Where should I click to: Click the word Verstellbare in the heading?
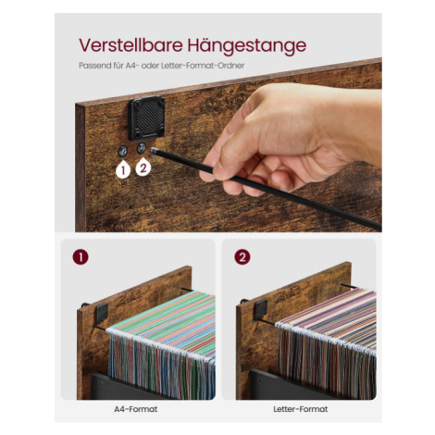131,45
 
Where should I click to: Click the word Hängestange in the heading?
247,46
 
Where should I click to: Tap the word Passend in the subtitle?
91,66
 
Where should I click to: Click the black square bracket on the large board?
146,118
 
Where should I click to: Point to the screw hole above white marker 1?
123,150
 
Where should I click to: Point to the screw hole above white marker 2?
142,148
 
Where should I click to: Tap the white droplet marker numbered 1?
123,169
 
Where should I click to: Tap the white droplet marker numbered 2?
143,168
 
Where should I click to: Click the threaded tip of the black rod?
154,151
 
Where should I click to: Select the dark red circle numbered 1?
81,257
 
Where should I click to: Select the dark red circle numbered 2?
242,257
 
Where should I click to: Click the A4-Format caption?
136,409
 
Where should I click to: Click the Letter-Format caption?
301,409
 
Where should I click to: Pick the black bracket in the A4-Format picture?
101,312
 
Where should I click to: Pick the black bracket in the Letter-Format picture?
261,309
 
